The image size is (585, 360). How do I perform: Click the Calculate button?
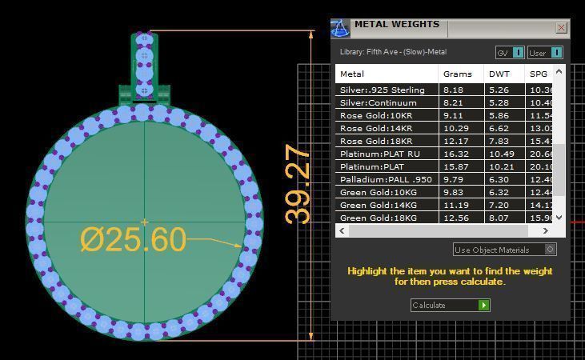(x=449, y=305)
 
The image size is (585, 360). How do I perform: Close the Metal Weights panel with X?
(x=562, y=28)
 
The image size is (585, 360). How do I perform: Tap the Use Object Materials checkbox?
(x=550, y=250)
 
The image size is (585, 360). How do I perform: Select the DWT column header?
(x=499, y=74)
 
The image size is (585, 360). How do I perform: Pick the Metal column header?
(x=352, y=74)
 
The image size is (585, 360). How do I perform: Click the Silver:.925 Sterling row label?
(x=383, y=90)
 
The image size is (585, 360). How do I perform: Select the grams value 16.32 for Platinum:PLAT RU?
(x=453, y=154)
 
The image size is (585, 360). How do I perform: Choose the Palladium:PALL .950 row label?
(x=386, y=180)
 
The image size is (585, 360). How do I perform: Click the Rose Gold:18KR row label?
(x=376, y=142)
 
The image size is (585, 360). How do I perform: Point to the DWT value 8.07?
(x=499, y=218)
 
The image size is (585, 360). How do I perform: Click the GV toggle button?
(x=510, y=53)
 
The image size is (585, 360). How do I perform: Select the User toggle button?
(x=545, y=53)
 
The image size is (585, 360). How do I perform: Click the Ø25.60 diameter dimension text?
(x=133, y=239)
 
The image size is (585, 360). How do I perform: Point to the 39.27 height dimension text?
(x=298, y=183)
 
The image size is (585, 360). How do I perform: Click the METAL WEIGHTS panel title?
(x=396, y=25)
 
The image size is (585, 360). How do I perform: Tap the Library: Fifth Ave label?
(x=393, y=53)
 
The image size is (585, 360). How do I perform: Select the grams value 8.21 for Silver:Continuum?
(x=453, y=103)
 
